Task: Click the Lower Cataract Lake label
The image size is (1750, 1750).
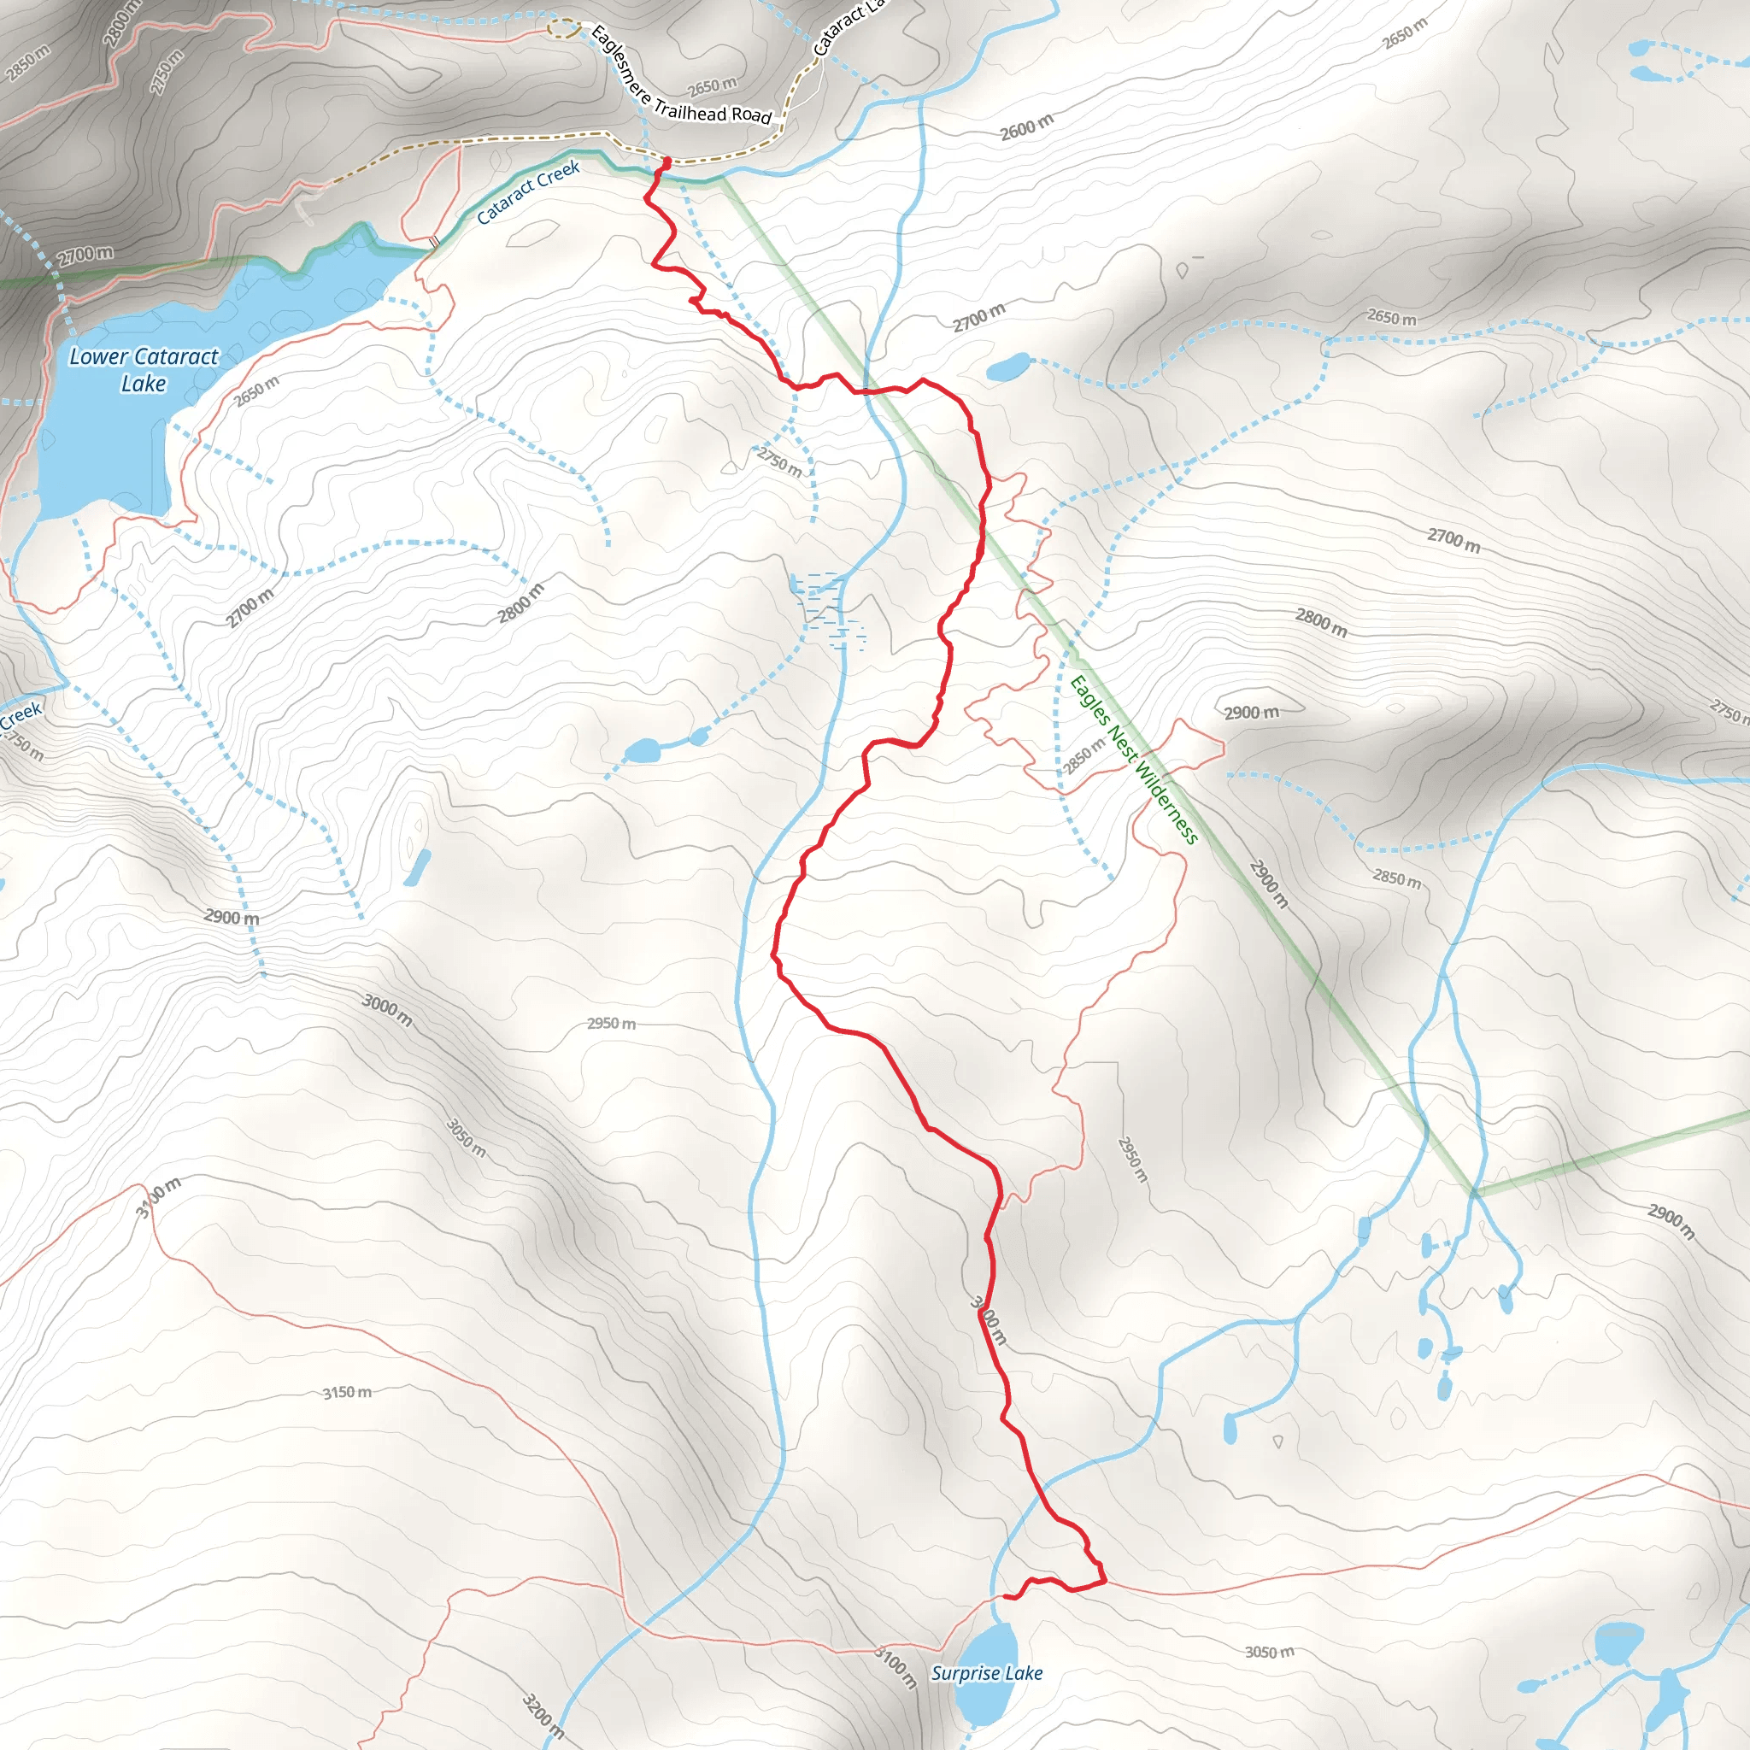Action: pyautogui.click(x=144, y=369)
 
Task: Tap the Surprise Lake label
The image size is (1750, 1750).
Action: pyautogui.click(x=986, y=1673)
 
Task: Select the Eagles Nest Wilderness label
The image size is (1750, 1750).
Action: pyautogui.click(x=1134, y=760)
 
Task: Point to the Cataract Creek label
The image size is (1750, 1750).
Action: pyautogui.click(x=528, y=192)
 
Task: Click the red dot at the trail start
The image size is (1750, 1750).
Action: pyautogui.click(x=667, y=161)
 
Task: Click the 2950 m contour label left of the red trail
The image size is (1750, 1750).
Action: pyautogui.click(x=612, y=1024)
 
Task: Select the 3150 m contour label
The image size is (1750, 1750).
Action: pyautogui.click(x=347, y=1392)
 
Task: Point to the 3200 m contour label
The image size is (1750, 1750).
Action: pyautogui.click(x=543, y=1716)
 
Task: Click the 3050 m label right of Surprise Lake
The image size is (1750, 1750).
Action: pyautogui.click(x=1269, y=1653)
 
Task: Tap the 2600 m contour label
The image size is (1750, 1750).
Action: pyautogui.click(x=1026, y=127)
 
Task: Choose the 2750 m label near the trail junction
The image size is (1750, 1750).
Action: pyautogui.click(x=779, y=462)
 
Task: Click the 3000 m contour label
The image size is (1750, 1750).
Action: pyautogui.click(x=387, y=1010)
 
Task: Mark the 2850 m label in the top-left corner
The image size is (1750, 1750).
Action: pyautogui.click(x=27, y=62)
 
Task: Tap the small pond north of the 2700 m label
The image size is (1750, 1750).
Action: pyautogui.click(x=1008, y=367)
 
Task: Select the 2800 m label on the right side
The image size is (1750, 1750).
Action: pyautogui.click(x=1321, y=622)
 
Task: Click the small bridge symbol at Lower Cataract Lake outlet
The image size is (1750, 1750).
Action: pyautogui.click(x=435, y=242)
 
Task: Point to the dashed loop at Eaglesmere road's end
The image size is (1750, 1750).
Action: pyautogui.click(x=563, y=28)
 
